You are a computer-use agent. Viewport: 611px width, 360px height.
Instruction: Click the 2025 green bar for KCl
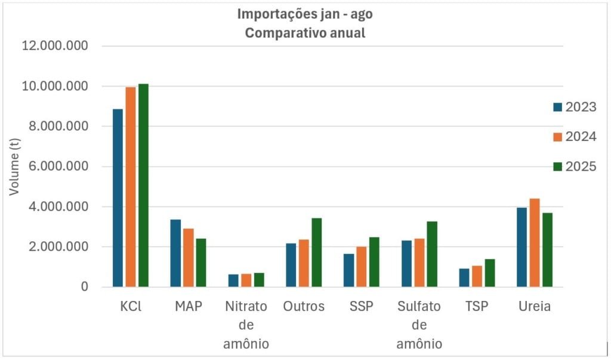pyautogui.click(x=143, y=185)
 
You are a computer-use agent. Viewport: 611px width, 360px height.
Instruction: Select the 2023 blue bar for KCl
pyautogui.click(x=118, y=198)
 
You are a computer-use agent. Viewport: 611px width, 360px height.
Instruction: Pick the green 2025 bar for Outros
pyautogui.click(x=316, y=252)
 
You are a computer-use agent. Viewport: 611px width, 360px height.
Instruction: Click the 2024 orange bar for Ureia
pyautogui.click(x=535, y=242)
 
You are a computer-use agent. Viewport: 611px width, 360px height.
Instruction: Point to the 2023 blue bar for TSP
pyautogui.click(x=464, y=278)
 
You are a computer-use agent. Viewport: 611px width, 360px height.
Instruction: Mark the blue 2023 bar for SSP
pyautogui.click(x=348, y=270)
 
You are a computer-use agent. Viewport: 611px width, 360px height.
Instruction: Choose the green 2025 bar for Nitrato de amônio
pyautogui.click(x=258, y=279)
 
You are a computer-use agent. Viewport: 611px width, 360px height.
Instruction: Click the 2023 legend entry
pyautogui.click(x=574, y=107)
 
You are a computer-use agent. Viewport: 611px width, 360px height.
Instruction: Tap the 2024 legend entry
pyautogui.click(x=574, y=137)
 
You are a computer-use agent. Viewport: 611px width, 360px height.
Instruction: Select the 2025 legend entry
pyautogui.click(x=574, y=167)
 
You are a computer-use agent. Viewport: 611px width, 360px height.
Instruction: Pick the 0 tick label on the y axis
pyautogui.click(x=85, y=287)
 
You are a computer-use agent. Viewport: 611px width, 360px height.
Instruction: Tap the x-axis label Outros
pyautogui.click(x=304, y=307)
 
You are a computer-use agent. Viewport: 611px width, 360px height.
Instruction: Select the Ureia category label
pyautogui.click(x=535, y=307)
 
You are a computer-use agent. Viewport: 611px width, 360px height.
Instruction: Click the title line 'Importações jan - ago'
pyautogui.click(x=305, y=14)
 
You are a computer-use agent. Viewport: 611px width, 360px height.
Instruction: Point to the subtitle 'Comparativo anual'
pyautogui.click(x=305, y=33)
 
